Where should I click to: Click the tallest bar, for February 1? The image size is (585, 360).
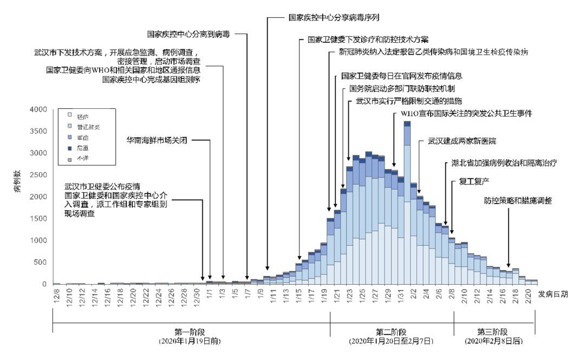407,206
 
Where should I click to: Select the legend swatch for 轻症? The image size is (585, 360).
68,115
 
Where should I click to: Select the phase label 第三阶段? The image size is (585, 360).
493,332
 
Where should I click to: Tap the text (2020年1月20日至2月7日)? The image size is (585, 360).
392,342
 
